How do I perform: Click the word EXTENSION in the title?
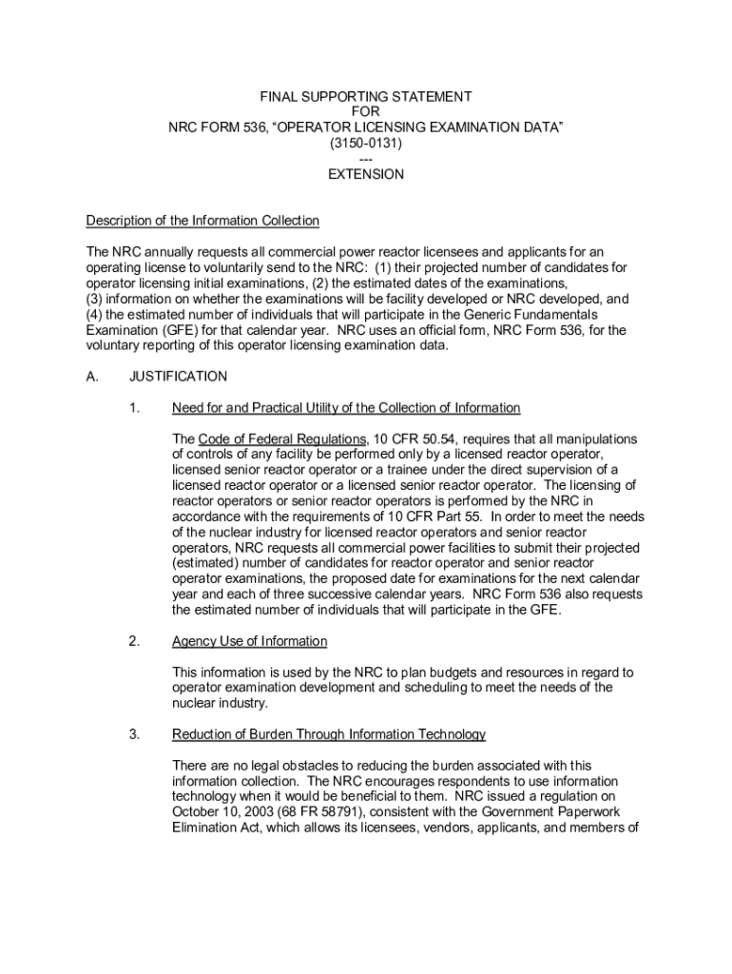(366, 174)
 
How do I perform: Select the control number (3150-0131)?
(366, 143)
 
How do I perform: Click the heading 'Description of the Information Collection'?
(202, 221)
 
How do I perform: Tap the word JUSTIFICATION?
(179, 376)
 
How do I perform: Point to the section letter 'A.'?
(92, 376)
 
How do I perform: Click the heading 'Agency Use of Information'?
(249, 641)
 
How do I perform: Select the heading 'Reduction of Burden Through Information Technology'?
(329, 734)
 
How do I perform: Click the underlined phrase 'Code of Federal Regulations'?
(282, 438)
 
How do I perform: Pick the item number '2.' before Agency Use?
(135, 641)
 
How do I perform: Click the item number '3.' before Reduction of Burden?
(135, 734)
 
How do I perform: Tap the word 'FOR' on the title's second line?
(366, 112)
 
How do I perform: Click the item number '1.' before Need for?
(135, 408)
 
